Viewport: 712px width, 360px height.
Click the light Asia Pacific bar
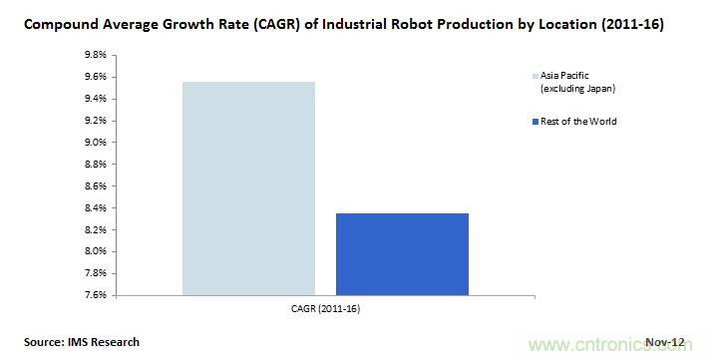(x=248, y=188)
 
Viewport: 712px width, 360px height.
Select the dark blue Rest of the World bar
(x=402, y=254)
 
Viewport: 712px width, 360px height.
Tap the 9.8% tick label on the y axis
(x=96, y=55)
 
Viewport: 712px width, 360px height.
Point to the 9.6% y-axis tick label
(x=96, y=77)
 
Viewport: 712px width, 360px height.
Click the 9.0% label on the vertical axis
(x=96, y=142)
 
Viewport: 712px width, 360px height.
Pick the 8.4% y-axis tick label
(x=96, y=207)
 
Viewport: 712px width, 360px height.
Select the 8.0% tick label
(x=96, y=251)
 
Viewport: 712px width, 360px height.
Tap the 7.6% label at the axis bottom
(x=96, y=295)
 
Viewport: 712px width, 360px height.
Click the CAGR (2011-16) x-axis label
(x=325, y=309)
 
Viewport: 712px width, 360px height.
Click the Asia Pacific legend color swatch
(x=535, y=76)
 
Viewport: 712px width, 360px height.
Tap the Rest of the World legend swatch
(x=535, y=122)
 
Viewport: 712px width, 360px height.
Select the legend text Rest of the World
(x=578, y=122)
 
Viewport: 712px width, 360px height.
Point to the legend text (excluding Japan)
(x=577, y=89)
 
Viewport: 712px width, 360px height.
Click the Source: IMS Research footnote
(x=82, y=342)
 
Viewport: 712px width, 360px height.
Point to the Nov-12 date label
(x=665, y=342)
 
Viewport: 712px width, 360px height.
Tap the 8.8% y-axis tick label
(x=96, y=164)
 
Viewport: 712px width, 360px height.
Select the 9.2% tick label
(x=96, y=121)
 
